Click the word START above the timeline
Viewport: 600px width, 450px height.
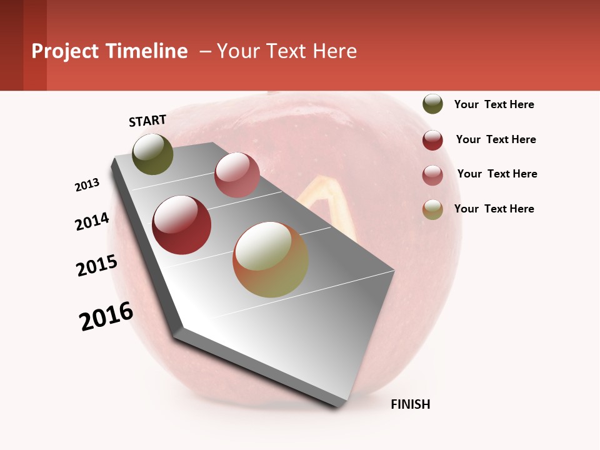(x=147, y=121)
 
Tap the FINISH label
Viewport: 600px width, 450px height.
(x=410, y=404)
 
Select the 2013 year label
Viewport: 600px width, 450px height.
(x=87, y=185)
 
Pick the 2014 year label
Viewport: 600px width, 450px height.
(x=92, y=221)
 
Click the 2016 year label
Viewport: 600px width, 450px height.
(x=106, y=316)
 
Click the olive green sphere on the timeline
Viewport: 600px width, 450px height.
(x=152, y=154)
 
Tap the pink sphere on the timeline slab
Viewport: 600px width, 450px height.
(x=237, y=175)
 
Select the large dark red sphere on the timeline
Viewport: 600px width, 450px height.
(x=182, y=225)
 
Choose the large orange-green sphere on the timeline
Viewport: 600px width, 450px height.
(x=271, y=259)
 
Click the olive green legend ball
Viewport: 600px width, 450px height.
(x=432, y=104)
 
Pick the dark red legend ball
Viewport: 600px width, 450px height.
(x=432, y=140)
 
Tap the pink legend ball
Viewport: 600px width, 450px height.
(x=432, y=175)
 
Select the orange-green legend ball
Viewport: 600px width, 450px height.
(x=432, y=209)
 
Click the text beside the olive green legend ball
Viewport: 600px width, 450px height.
(x=494, y=104)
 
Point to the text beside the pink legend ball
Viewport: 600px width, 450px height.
(x=497, y=174)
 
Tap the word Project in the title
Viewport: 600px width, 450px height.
(x=66, y=51)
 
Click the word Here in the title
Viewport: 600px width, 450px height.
(x=334, y=51)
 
